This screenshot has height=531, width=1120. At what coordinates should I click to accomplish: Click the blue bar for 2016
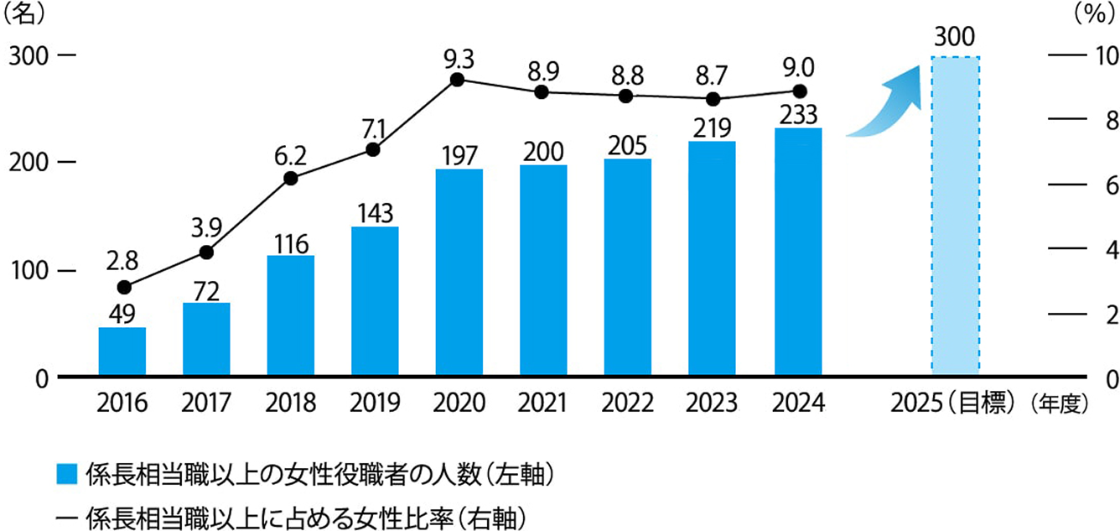pos(122,351)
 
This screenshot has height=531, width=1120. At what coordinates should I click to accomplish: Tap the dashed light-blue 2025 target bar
pos(955,216)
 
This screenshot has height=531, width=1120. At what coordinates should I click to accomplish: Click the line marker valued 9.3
pos(457,80)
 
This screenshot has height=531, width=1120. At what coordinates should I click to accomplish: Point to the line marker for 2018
pos(291,178)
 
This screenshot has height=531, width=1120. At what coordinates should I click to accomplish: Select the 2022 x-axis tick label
pos(628,403)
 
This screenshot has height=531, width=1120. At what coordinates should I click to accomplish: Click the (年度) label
pos(1060,403)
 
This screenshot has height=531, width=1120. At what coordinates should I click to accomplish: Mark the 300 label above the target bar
pos(955,38)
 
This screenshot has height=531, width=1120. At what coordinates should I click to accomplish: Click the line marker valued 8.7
pos(713,99)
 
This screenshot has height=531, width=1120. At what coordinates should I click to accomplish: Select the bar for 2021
pos(543,270)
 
